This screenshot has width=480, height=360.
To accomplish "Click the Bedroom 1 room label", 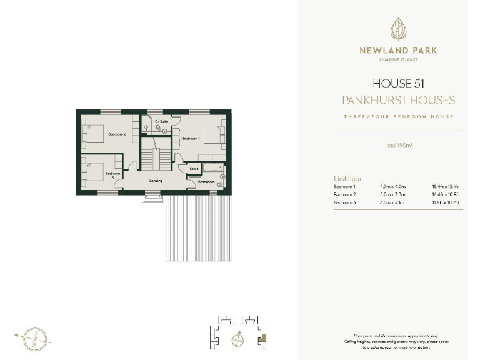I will [191, 138].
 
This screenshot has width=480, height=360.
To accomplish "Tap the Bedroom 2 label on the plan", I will [117, 134].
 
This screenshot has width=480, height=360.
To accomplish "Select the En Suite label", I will [161, 121].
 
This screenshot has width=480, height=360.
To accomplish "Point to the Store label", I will [194, 168].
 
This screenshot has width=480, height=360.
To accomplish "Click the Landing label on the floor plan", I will [156, 181].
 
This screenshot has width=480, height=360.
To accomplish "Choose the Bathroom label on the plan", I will [206, 182].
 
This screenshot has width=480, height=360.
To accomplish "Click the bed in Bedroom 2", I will [92, 134].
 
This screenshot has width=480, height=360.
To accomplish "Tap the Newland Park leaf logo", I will [397, 29].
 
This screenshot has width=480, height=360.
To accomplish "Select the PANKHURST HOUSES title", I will [397, 100].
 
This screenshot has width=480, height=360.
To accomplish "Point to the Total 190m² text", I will [397, 146].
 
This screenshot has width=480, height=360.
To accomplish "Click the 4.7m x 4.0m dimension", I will [393, 187].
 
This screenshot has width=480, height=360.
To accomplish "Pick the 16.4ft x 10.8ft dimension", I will [446, 194].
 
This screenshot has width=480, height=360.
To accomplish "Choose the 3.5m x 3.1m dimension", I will [393, 202].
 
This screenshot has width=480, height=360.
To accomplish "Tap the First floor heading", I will [347, 179].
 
